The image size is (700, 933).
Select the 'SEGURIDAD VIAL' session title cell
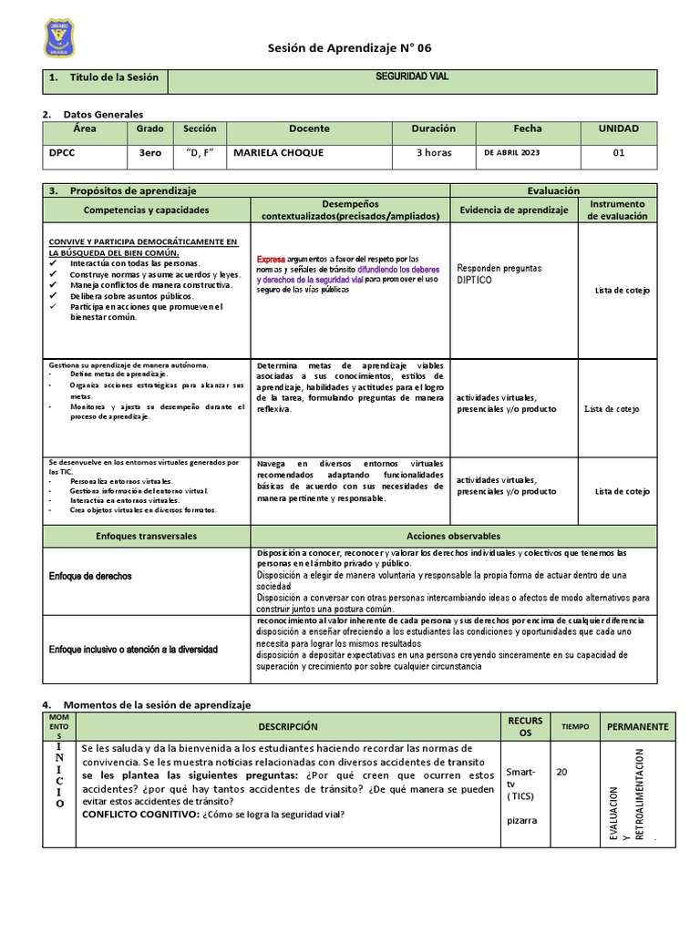(x=412, y=77)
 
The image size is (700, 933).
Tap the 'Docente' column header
(x=309, y=129)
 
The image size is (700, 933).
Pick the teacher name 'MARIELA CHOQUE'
(x=277, y=153)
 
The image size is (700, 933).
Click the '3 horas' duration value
(x=434, y=153)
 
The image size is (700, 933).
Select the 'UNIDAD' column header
(x=618, y=129)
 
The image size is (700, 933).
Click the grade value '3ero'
(x=149, y=153)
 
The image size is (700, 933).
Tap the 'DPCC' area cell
(x=62, y=153)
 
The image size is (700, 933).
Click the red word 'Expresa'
(x=271, y=259)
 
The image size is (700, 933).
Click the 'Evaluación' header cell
(x=553, y=190)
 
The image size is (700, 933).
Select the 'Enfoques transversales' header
(x=146, y=537)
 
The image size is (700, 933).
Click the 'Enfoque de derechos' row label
(x=89, y=577)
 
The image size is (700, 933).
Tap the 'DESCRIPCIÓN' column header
(x=287, y=726)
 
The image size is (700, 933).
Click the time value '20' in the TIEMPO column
(x=561, y=772)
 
